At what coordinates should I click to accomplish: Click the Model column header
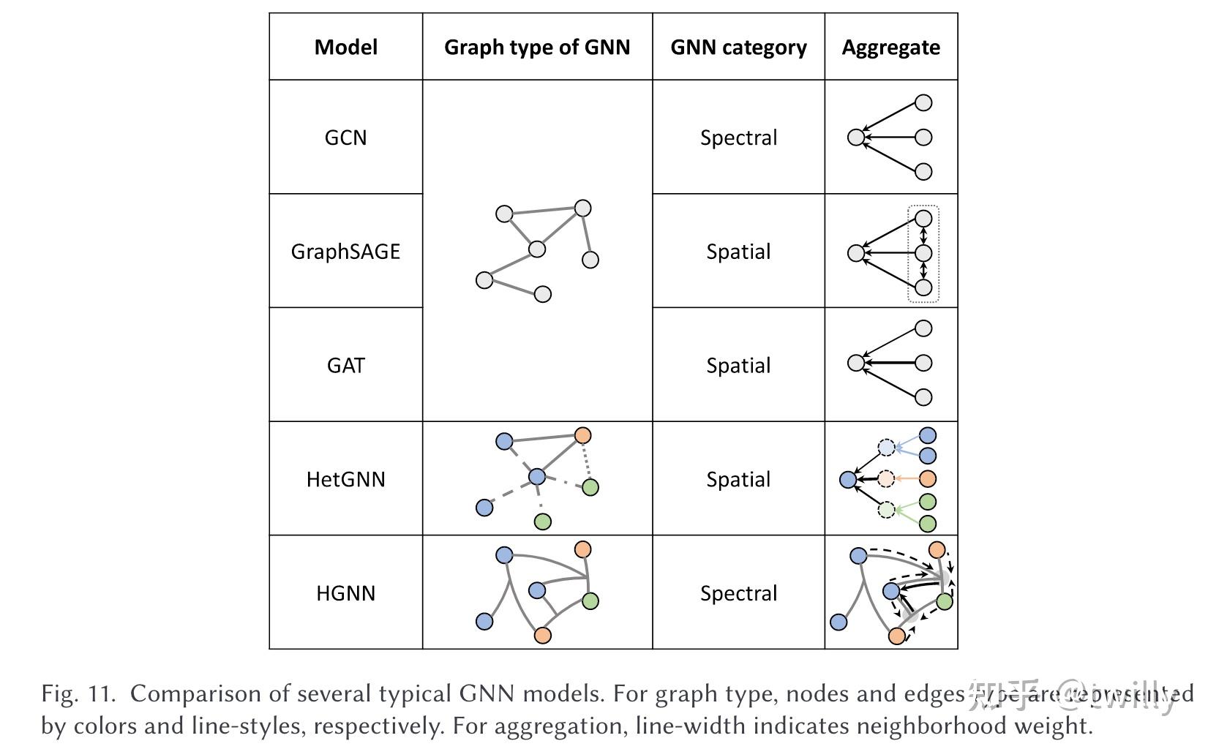tap(346, 48)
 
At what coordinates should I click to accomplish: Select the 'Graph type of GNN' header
tap(537, 48)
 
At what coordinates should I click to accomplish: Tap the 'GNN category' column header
tap(738, 48)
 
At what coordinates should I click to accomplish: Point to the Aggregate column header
tap(890, 48)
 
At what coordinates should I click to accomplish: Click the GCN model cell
tap(346, 138)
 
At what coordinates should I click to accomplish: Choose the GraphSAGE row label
tap(346, 252)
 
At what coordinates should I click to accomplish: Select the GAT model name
tap(346, 365)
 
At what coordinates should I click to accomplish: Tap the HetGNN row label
tap(346, 479)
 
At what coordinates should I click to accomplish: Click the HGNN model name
tap(346, 592)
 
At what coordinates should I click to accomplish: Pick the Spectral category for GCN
tap(738, 138)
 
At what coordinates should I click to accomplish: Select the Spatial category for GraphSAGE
tap(738, 252)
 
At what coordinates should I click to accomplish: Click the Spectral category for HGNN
tap(738, 592)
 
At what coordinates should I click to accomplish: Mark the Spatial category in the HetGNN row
tap(738, 479)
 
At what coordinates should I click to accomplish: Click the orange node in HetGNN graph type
tap(582, 436)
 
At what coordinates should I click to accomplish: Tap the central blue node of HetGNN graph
tap(537, 477)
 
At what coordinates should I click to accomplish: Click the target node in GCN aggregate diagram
tap(855, 137)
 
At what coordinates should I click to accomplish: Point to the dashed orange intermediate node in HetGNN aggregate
tap(886, 479)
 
